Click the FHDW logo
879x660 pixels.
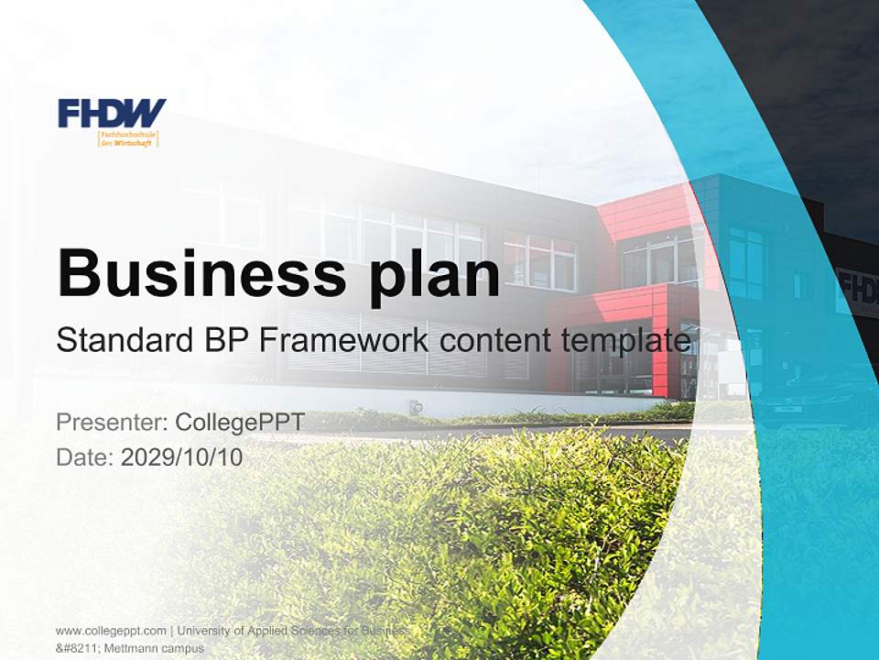tap(112, 113)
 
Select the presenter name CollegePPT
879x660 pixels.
tap(239, 423)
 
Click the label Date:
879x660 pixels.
tap(85, 456)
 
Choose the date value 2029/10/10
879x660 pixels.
tap(182, 456)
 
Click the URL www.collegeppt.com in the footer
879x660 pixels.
tap(111, 631)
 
